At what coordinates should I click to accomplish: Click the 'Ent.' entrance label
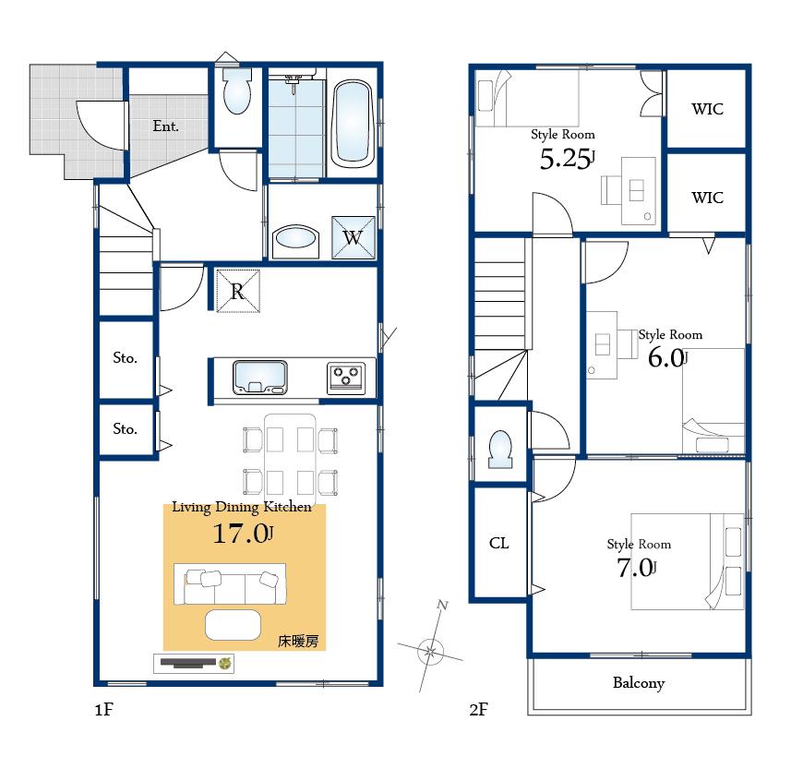point(165,126)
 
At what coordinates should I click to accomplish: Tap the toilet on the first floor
point(237,94)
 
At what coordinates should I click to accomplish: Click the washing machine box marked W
point(353,237)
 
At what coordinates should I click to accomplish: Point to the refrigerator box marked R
point(238,292)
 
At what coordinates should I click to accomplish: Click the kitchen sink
point(260,377)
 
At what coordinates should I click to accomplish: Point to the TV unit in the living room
point(195,662)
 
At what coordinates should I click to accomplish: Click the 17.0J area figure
point(243,534)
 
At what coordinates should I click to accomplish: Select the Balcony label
point(639,683)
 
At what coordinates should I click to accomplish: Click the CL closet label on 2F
point(498,543)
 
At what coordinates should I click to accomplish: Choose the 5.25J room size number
point(566,160)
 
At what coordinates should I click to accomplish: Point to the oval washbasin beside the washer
point(295,239)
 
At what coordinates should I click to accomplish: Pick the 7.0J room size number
point(635,567)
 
